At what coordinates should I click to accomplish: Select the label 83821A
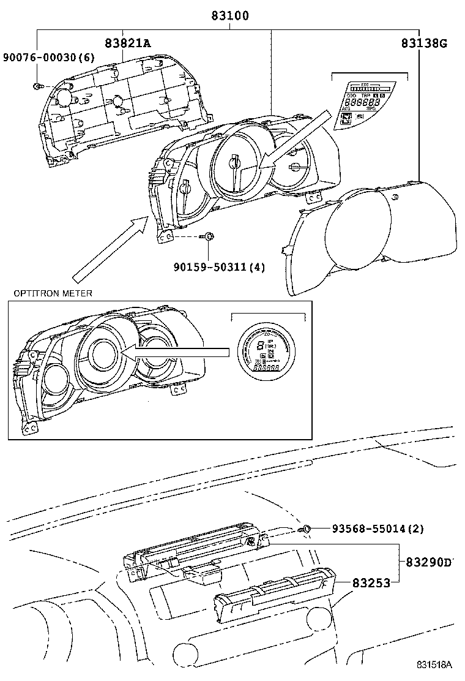click(x=127, y=43)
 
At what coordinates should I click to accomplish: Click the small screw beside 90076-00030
click(x=38, y=85)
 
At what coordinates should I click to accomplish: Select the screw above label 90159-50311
click(x=209, y=236)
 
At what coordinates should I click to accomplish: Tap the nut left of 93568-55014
click(x=308, y=529)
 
